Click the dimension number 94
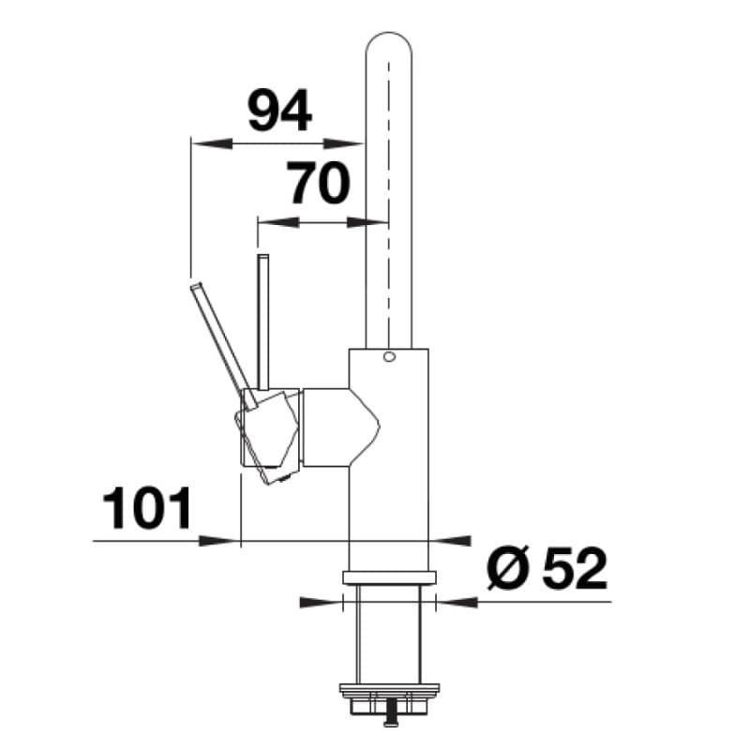pyautogui.click(x=279, y=111)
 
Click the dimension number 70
pyautogui.click(x=318, y=183)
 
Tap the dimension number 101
pyautogui.click(x=147, y=508)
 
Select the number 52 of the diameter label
pyautogui.click(x=575, y=569)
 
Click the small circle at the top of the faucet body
pyautogui.click(x=389, y=356)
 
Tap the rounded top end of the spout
pyautogui.click(x=388, y=34)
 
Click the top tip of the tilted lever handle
pyautogui.click(x=197, y=285)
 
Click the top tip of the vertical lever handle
pyautogui.click(x=262, y=256)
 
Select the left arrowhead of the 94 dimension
pyautogui.click(x=211, y=143)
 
